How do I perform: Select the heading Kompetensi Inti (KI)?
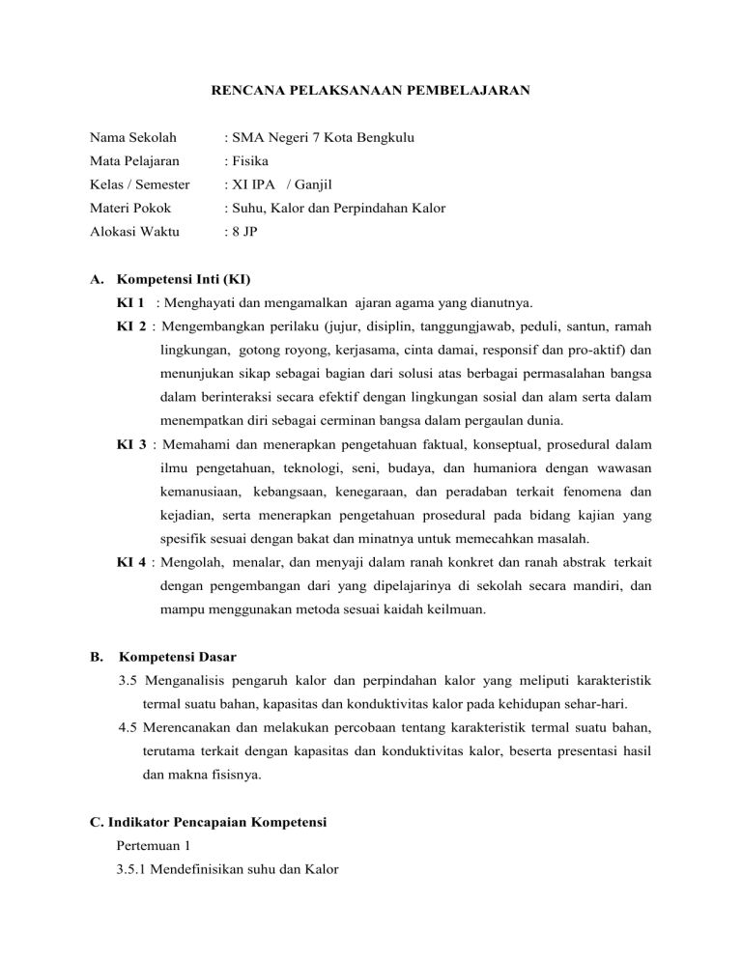183,280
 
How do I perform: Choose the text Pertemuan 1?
152,846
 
